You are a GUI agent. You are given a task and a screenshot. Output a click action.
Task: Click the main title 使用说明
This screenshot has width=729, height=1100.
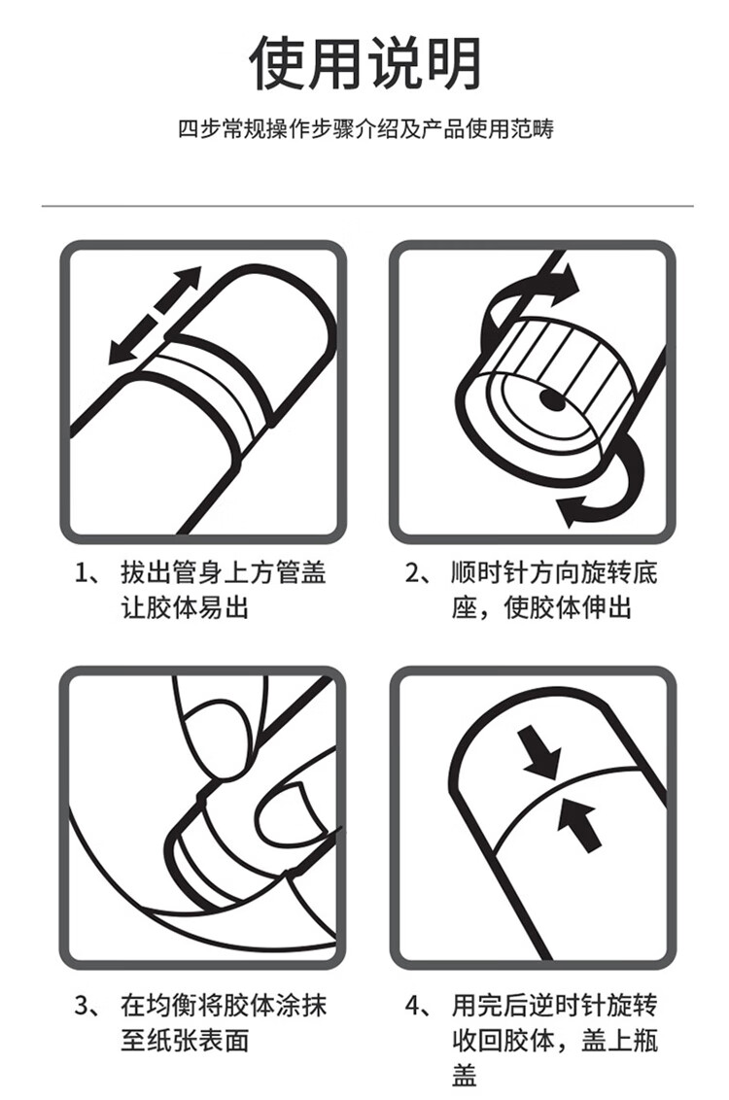[x=365, y=62]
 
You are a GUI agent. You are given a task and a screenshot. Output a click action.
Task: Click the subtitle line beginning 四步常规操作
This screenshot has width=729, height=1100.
[x=365, y=129]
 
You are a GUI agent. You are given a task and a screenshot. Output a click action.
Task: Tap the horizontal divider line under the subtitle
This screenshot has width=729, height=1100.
[x=367, y=206]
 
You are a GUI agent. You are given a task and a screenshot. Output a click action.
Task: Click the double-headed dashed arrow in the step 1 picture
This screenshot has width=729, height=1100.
[x=155, y=316]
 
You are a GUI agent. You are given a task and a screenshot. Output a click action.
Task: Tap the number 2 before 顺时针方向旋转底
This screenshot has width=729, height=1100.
[x=412, y=573]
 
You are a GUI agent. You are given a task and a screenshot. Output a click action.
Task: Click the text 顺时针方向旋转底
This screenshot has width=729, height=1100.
[x=554, y=573]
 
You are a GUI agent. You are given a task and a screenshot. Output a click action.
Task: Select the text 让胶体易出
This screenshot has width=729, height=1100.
[x=186, y=606]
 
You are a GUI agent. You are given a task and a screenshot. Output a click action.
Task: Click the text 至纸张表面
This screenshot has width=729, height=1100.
[x=186, y=1040]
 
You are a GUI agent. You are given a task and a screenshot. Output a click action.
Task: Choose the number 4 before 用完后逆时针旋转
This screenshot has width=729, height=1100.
[x=413, y=1006]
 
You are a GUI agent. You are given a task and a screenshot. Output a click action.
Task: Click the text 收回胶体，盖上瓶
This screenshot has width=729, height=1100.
[x=554, y=1040]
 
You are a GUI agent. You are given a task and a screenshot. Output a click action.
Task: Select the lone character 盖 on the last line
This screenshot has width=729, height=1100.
[x=465, y=1074]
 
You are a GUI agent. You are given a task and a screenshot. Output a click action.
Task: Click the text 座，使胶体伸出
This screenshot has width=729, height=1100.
[x=541, y=606]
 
